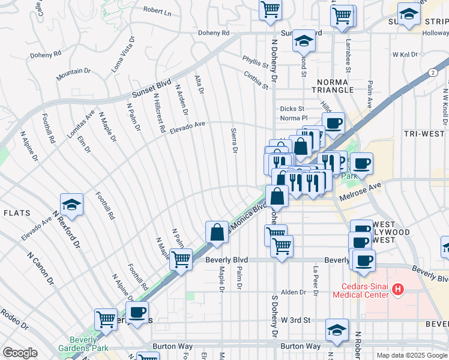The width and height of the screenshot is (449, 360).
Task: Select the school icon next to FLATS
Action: [x=71, y=205]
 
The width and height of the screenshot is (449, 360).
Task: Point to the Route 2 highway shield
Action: [x=432, y=72]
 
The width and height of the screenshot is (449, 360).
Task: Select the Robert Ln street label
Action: [x=157, y=11]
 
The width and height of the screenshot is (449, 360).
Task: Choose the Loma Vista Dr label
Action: [x=123, y=55]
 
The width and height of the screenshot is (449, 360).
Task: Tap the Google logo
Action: [x=20, y=353]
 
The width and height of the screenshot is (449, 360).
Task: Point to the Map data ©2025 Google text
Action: [x=411, y=355]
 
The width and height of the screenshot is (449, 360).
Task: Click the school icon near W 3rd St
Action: [x=337, y=330]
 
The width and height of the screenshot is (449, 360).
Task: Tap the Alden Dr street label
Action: [x=294, y=292]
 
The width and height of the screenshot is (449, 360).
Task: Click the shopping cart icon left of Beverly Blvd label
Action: [x=181, y=260]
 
